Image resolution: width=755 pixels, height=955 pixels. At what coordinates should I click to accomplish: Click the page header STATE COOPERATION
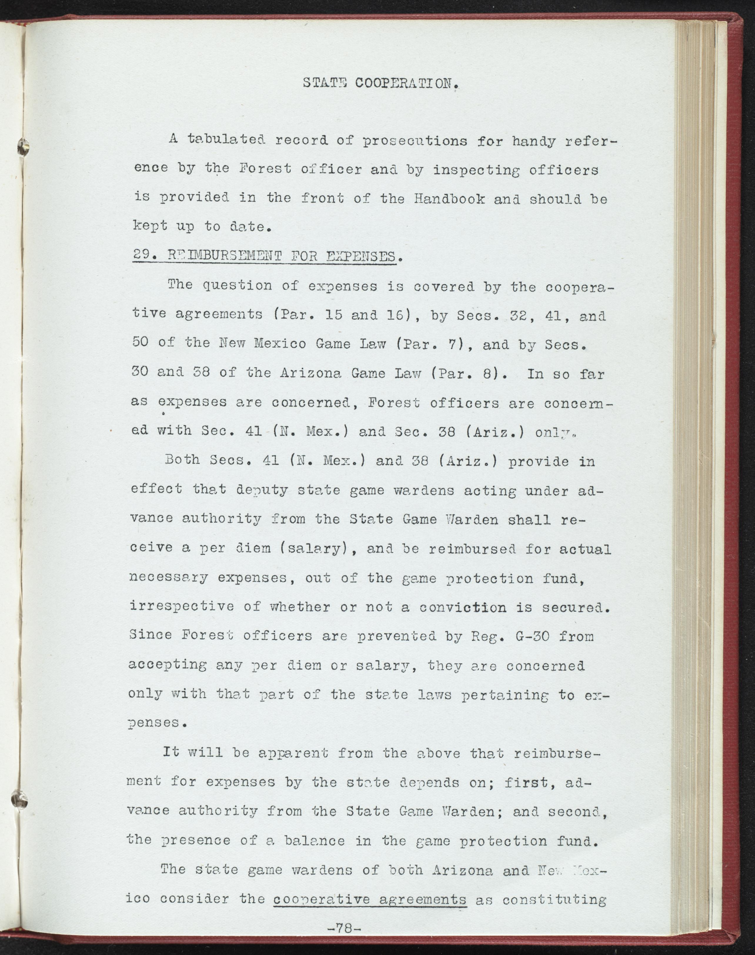point(379,84)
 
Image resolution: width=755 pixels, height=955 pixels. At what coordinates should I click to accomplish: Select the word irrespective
point(182,607)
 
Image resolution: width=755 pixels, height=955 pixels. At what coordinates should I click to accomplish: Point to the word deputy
point(263,490)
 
